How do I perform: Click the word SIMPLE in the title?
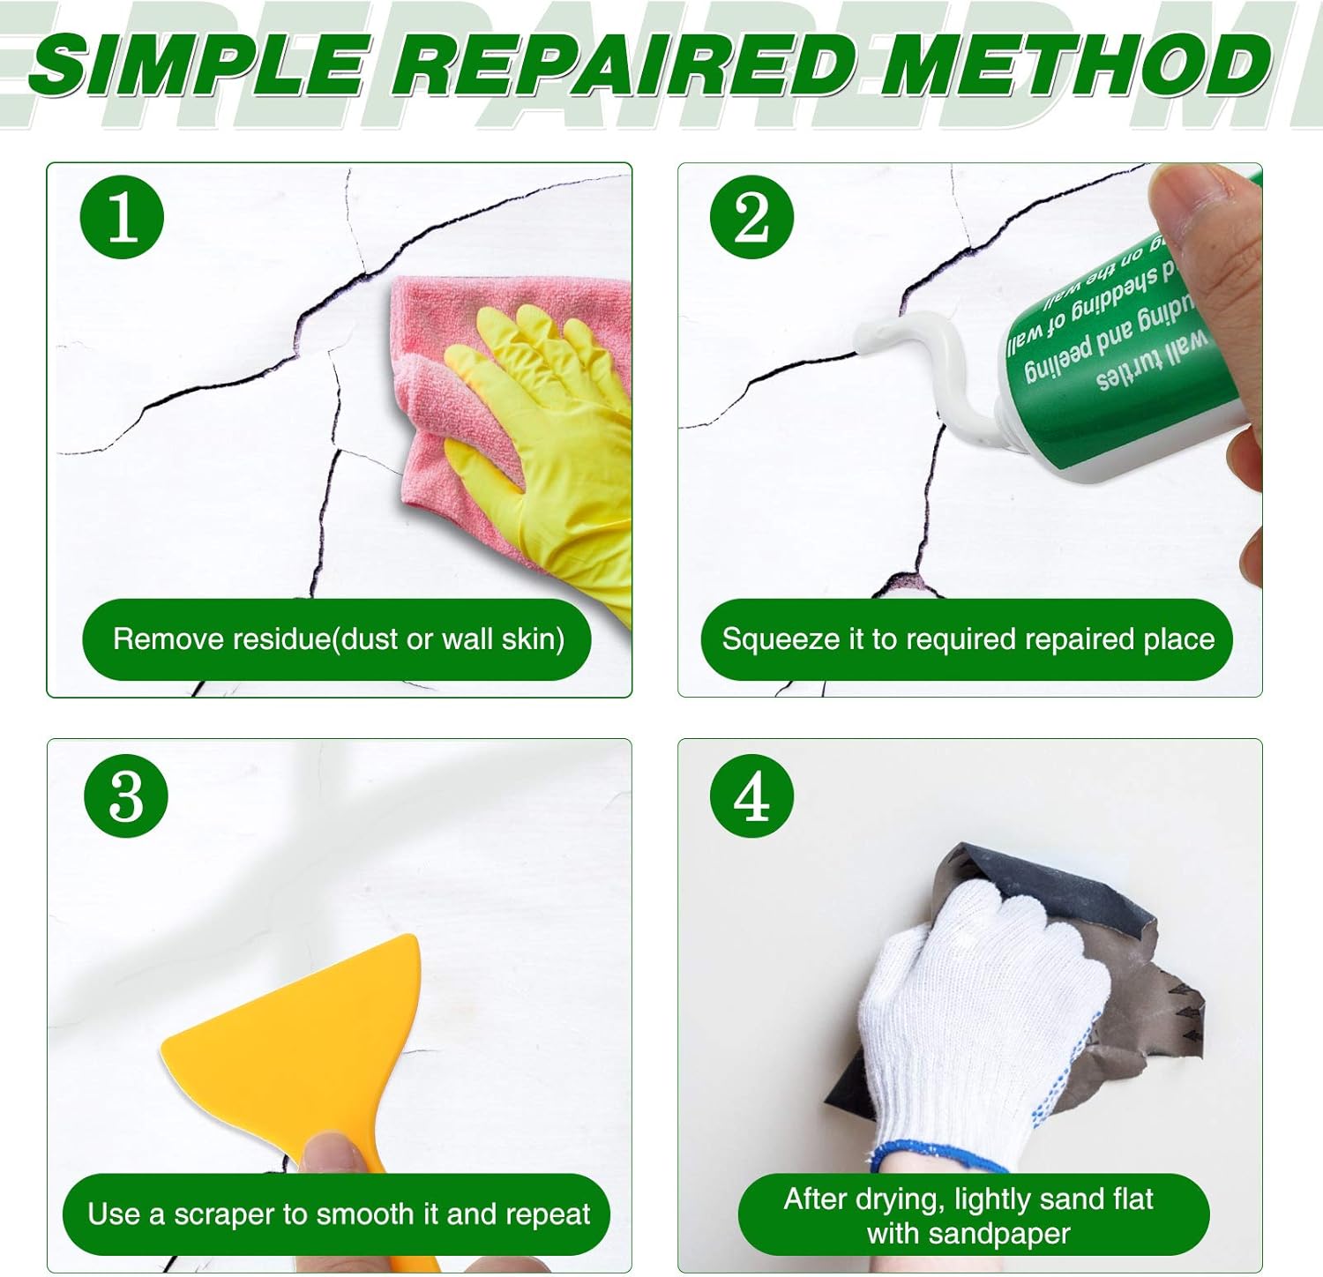coord(198,66)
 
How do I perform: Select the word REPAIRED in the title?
coord(622,66)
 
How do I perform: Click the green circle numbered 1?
coord(122,217)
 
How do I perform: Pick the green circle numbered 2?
coord(751,217)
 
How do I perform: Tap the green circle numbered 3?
coord(125,796)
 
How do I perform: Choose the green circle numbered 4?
coord(751,796)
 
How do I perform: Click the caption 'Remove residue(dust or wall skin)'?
coord(338,638)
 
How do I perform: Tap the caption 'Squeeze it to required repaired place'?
coord(968,638)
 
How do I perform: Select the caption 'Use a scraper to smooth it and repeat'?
coord(338,1214)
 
